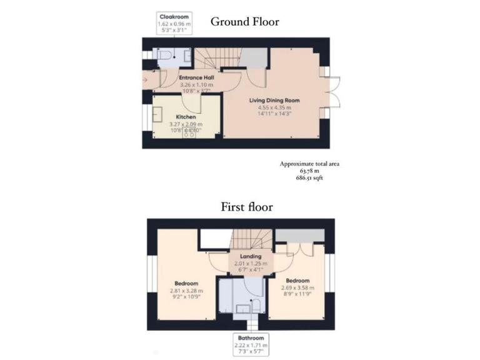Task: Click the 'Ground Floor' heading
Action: pyautogui.click(x=244, y=22)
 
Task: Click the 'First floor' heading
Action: pyautogui.click(x=246, y=207)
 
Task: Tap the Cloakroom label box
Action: pyautogui.click(x=174, y=22)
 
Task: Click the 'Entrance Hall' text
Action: pyautogui.click(x=196, y=78)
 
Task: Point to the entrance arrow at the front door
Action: pyautogui.click(x=146, y=80)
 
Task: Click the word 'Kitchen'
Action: pyautogui.click(x=186, y=117)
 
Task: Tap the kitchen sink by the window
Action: pyautogui.click(x=157, y=115)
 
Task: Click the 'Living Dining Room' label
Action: pyautogui.click(x=274, y=100)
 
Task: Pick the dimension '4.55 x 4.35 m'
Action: pyautogui.click(x=274, y=107)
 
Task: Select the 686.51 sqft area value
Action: pyautogui.click(x=309, y=177)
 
